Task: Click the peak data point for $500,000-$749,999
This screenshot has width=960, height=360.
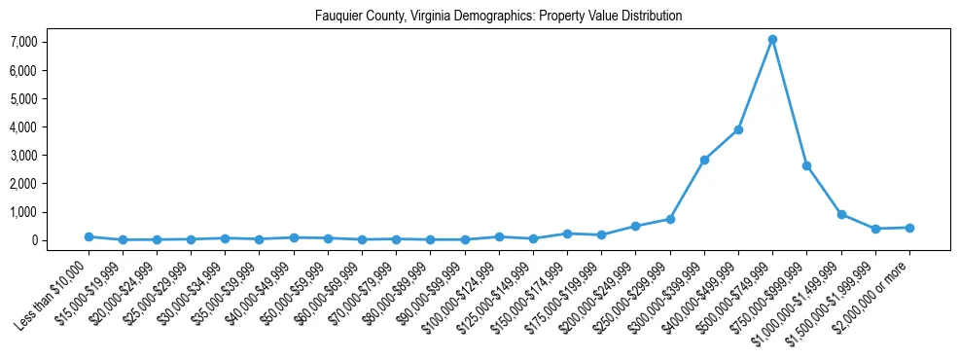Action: (772, 39)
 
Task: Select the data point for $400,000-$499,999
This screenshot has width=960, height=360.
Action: (738, 129)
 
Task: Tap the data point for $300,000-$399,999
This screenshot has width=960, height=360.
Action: (704, 160)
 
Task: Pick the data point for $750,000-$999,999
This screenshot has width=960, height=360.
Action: (806, 165)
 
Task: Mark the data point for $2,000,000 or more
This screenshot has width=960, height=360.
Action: (909, 228)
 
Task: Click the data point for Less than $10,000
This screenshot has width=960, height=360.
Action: (89, 236)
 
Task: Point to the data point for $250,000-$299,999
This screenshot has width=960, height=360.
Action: (670, 219)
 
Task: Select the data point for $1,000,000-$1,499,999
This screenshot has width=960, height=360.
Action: (841, 214)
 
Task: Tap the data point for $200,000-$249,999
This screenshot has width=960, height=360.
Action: (635, 226)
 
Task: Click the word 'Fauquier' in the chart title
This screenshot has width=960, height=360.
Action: (337, 17)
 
